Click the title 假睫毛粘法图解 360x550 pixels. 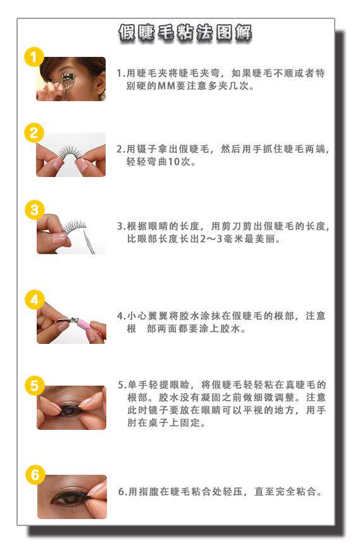coord(185,34)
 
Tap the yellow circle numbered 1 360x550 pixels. coord(34,57)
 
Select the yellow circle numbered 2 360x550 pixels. coord(34,133)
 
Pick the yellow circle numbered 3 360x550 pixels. coord(34,210)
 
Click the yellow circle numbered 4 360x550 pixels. coord(34,300)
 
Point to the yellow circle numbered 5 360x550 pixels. coord(34,386)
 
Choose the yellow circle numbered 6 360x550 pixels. coord(35,475)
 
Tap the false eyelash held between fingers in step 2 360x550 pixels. coord(70,152)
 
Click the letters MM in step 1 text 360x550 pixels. coord(166,85)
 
